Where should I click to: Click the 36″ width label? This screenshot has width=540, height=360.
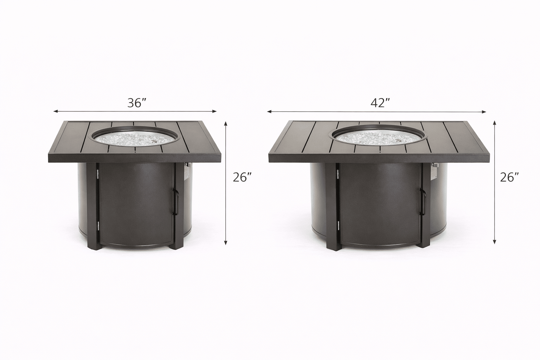click(137, 103)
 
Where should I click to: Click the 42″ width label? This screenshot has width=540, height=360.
click(380, 103)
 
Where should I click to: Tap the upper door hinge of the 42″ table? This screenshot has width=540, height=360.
click(337, 173)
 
